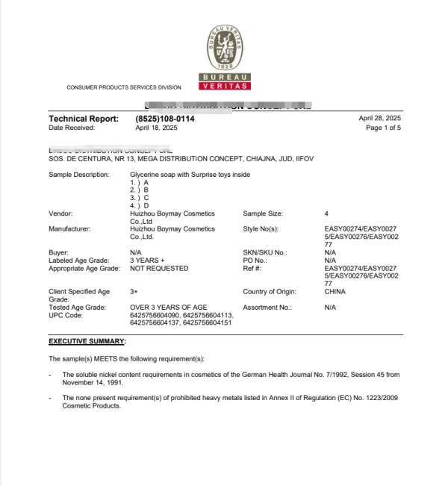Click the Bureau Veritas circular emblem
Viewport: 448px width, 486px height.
tap(225, 48)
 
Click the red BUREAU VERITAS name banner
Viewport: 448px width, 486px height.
tap(225, 82)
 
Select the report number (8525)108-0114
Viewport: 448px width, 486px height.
tap(165, 119)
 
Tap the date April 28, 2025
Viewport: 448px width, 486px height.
tap(380, 119)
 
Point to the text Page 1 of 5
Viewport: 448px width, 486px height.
tap(383, 128)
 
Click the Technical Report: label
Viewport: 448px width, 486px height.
tap(83, 119)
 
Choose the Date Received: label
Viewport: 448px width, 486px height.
tap(72, 128)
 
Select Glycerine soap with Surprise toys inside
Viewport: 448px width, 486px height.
tap(190, 175)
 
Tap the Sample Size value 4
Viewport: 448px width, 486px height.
tap(326, 214)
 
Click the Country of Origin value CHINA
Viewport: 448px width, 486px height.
tap(335, 292)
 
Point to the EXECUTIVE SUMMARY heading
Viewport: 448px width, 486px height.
tap(87, 341)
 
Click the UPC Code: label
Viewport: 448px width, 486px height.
tap(66, 315)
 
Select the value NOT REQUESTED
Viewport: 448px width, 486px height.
tap(159, 268)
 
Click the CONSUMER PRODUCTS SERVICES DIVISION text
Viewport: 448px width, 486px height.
tap(124, 87)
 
